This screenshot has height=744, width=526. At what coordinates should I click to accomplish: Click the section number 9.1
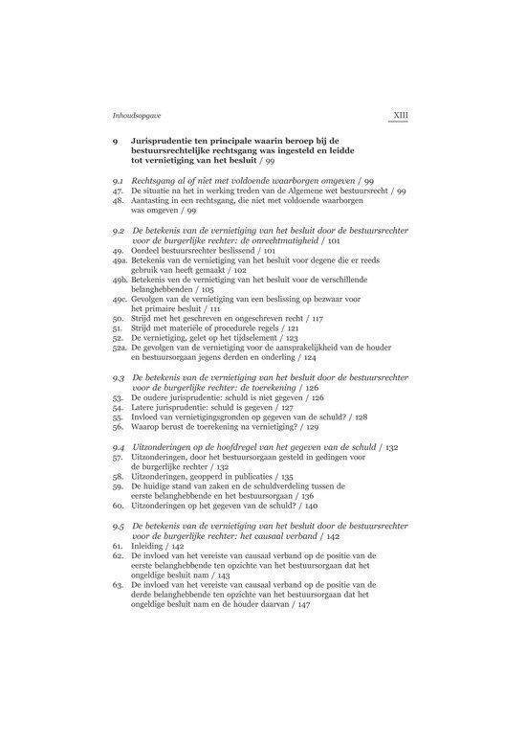(x=119, y=181)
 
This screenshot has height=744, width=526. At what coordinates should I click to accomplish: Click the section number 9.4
(x=119, y=447)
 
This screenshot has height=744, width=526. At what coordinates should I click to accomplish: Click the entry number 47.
(x=117, y=192)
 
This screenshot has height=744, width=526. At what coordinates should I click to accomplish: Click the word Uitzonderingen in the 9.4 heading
(x=161, y=447)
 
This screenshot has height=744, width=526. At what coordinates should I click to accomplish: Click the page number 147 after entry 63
(x=303, y=605)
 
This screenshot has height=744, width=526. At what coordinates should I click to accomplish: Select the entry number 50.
(x=117, y=316)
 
